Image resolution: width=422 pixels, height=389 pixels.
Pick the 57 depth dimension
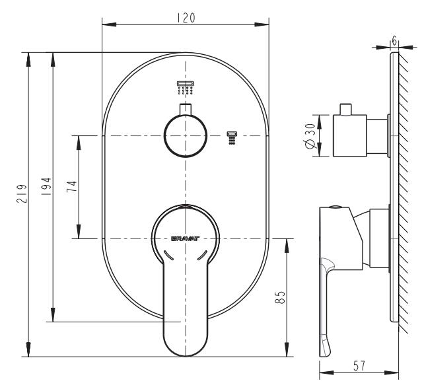(x=360, y=365)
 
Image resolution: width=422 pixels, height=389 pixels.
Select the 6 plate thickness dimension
(x=394, y=41)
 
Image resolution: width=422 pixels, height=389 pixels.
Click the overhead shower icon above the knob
(x=186, y=87)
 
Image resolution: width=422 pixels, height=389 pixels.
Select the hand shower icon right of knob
(x=231, y=139)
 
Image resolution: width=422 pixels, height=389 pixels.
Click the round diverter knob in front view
(x=186, y=136)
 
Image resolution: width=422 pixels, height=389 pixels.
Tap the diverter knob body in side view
(x=350, y=137)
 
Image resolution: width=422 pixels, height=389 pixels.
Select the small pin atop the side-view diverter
(x=347, y=109)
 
